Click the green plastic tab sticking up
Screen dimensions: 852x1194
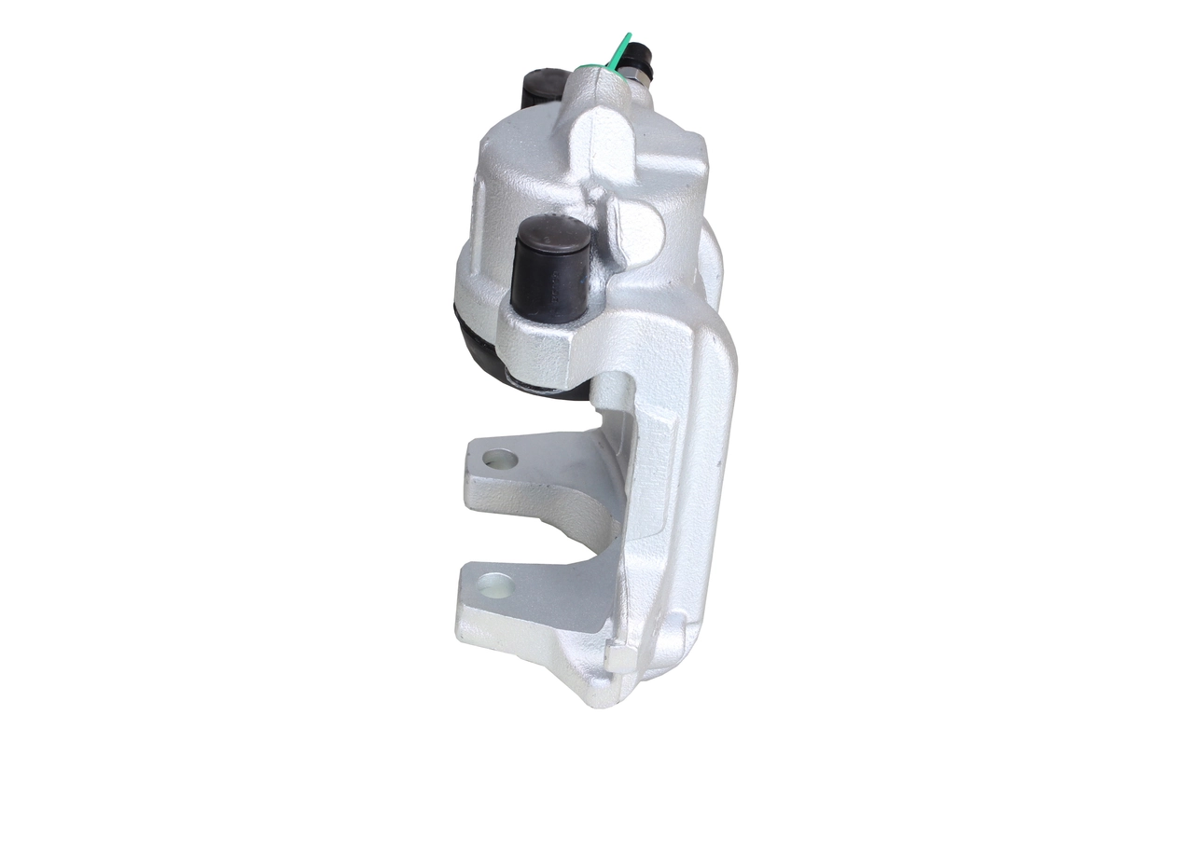[620, 48]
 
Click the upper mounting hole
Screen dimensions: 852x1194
[500, 459]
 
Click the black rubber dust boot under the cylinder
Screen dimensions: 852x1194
[476, 345]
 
